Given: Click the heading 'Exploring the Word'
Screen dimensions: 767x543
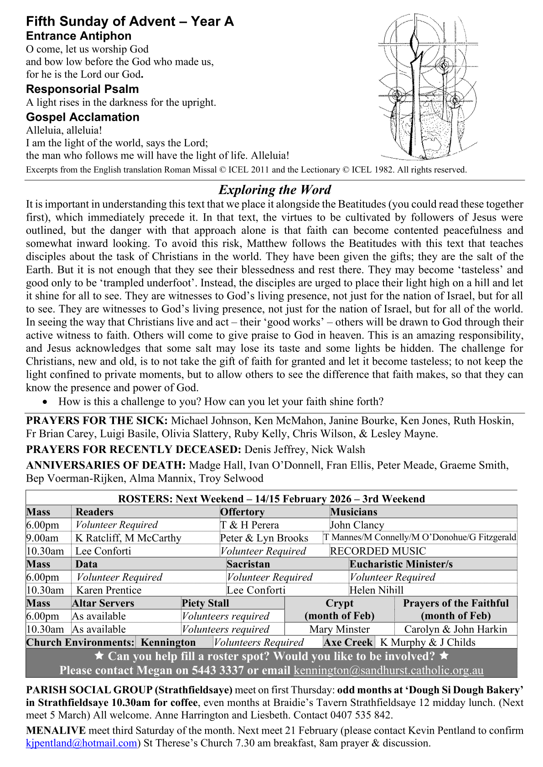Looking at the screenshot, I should tap(275, 190).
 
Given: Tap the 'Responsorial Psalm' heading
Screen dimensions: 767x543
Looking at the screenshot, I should tap(82, 89).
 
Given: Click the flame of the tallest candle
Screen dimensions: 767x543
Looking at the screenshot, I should tap(415, 43).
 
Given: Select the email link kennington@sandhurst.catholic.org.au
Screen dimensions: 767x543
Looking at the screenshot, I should tap(388, 670).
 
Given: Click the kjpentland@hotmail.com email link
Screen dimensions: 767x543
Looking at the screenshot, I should tap(82, 743).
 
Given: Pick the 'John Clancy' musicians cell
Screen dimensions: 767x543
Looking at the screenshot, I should tap(357, 525).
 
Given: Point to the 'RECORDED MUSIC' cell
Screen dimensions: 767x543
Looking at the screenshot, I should tap(378, 551).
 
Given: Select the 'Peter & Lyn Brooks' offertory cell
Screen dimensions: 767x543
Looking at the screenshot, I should tap(264, 538).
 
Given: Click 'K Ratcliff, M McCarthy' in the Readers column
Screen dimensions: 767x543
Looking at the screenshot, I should tap(128, 538).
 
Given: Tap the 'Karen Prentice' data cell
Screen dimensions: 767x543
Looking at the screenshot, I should tap(109, 590).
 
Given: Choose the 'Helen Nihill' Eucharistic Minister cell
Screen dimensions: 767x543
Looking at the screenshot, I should tap(377, 590).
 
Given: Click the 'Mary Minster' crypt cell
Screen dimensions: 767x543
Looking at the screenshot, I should tap(339, 629).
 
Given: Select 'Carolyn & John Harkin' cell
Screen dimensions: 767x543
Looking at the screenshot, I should tap(455, 629).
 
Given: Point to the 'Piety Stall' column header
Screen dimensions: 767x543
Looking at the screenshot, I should tap(205, 603).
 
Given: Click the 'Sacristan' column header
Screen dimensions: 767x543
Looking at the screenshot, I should tap(248, 564).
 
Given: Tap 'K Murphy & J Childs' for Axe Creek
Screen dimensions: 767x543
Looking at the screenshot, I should tap(428, 642).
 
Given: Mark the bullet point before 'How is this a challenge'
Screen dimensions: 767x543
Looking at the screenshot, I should tap(45, 402).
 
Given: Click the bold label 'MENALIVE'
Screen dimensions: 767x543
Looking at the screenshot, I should tap(56, 730).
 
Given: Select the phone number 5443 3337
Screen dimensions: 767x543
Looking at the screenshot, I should tap(217, 670).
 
